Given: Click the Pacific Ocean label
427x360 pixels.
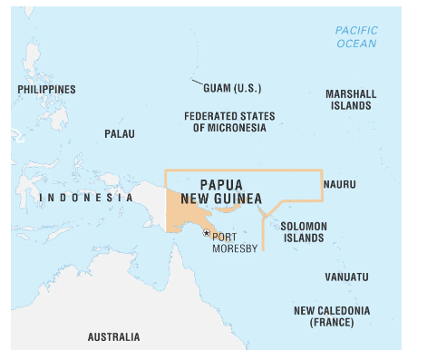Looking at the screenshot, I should (356, 36).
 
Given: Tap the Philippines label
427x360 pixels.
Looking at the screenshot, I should (46, 90).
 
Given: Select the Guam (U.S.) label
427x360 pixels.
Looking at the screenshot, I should (233, 88).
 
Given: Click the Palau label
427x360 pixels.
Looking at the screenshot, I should (119, 133).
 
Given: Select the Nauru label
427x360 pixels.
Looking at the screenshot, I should (339, 184).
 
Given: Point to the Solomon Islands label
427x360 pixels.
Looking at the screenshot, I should (302, 232).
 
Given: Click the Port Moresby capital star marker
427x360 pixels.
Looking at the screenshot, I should (207, 233).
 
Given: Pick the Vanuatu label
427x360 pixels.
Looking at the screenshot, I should (346, 277).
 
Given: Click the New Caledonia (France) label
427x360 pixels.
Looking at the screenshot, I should (331, 316).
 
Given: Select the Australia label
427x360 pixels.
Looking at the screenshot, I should (113, 336).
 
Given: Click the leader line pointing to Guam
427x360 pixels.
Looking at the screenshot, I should (197, 83).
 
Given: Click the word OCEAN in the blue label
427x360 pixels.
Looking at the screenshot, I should (356, 44).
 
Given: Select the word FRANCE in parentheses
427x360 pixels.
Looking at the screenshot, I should (332, 323).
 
